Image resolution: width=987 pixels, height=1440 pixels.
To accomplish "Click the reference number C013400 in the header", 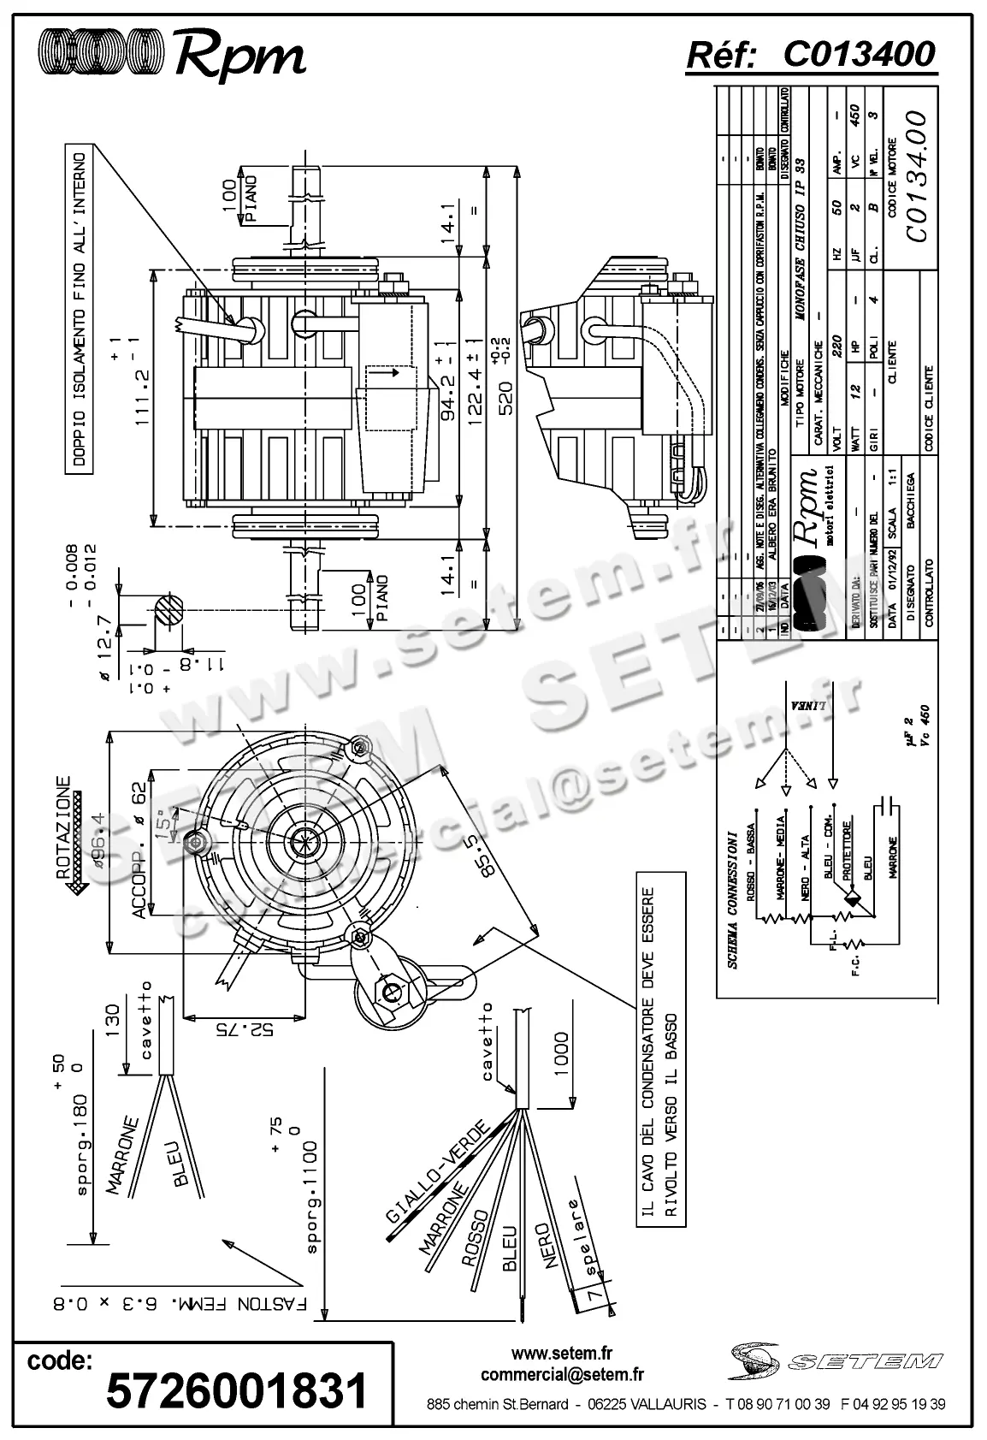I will pyautogui.click(x=859, y=55).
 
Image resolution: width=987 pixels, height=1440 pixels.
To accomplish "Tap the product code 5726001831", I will pyautogui.click(x=236, y=1390).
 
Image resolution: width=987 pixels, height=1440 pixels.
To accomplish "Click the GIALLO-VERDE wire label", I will pyautogui.click(x=437, y=1170).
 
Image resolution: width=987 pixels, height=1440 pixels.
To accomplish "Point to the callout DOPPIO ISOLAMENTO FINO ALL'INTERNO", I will pyautogui.click(x=79, y=311).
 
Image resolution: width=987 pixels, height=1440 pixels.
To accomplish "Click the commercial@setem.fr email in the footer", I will pyautogui.click(x=562, y=1375).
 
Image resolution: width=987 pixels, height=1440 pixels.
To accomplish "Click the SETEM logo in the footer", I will pyautogui.click(x=836, y=1359).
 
